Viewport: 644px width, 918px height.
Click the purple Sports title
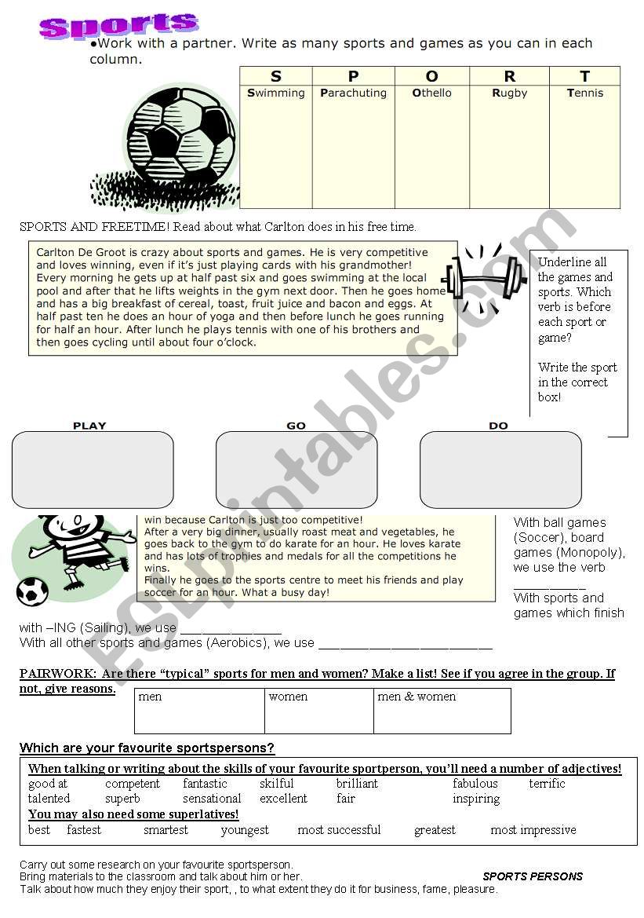(x=118, y=25)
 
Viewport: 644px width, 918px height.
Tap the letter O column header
(x=431, y=76)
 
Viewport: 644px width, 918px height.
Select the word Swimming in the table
(x=276, y=93)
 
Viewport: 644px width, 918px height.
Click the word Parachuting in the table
(x=353, y=93)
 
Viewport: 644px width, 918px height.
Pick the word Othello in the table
(x=432, y=93)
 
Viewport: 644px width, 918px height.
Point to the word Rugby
(x=510, y=93)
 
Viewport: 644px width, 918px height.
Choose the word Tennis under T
(x=585, y=93)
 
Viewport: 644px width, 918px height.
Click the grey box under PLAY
(x=93, y=470)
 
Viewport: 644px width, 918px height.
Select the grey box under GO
(x=297, y=470)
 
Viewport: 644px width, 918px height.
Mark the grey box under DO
(x=500, y=470)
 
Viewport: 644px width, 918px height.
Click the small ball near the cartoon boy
(x=32, y=591)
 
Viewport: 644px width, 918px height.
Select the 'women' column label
(x=288, y=697)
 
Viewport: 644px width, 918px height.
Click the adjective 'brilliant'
(x=357, y=784)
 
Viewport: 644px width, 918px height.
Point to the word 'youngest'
(x=245, y=830)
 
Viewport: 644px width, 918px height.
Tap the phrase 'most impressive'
(x=533, y=830)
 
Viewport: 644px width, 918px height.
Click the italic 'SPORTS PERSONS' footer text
(x=533, y=876)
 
